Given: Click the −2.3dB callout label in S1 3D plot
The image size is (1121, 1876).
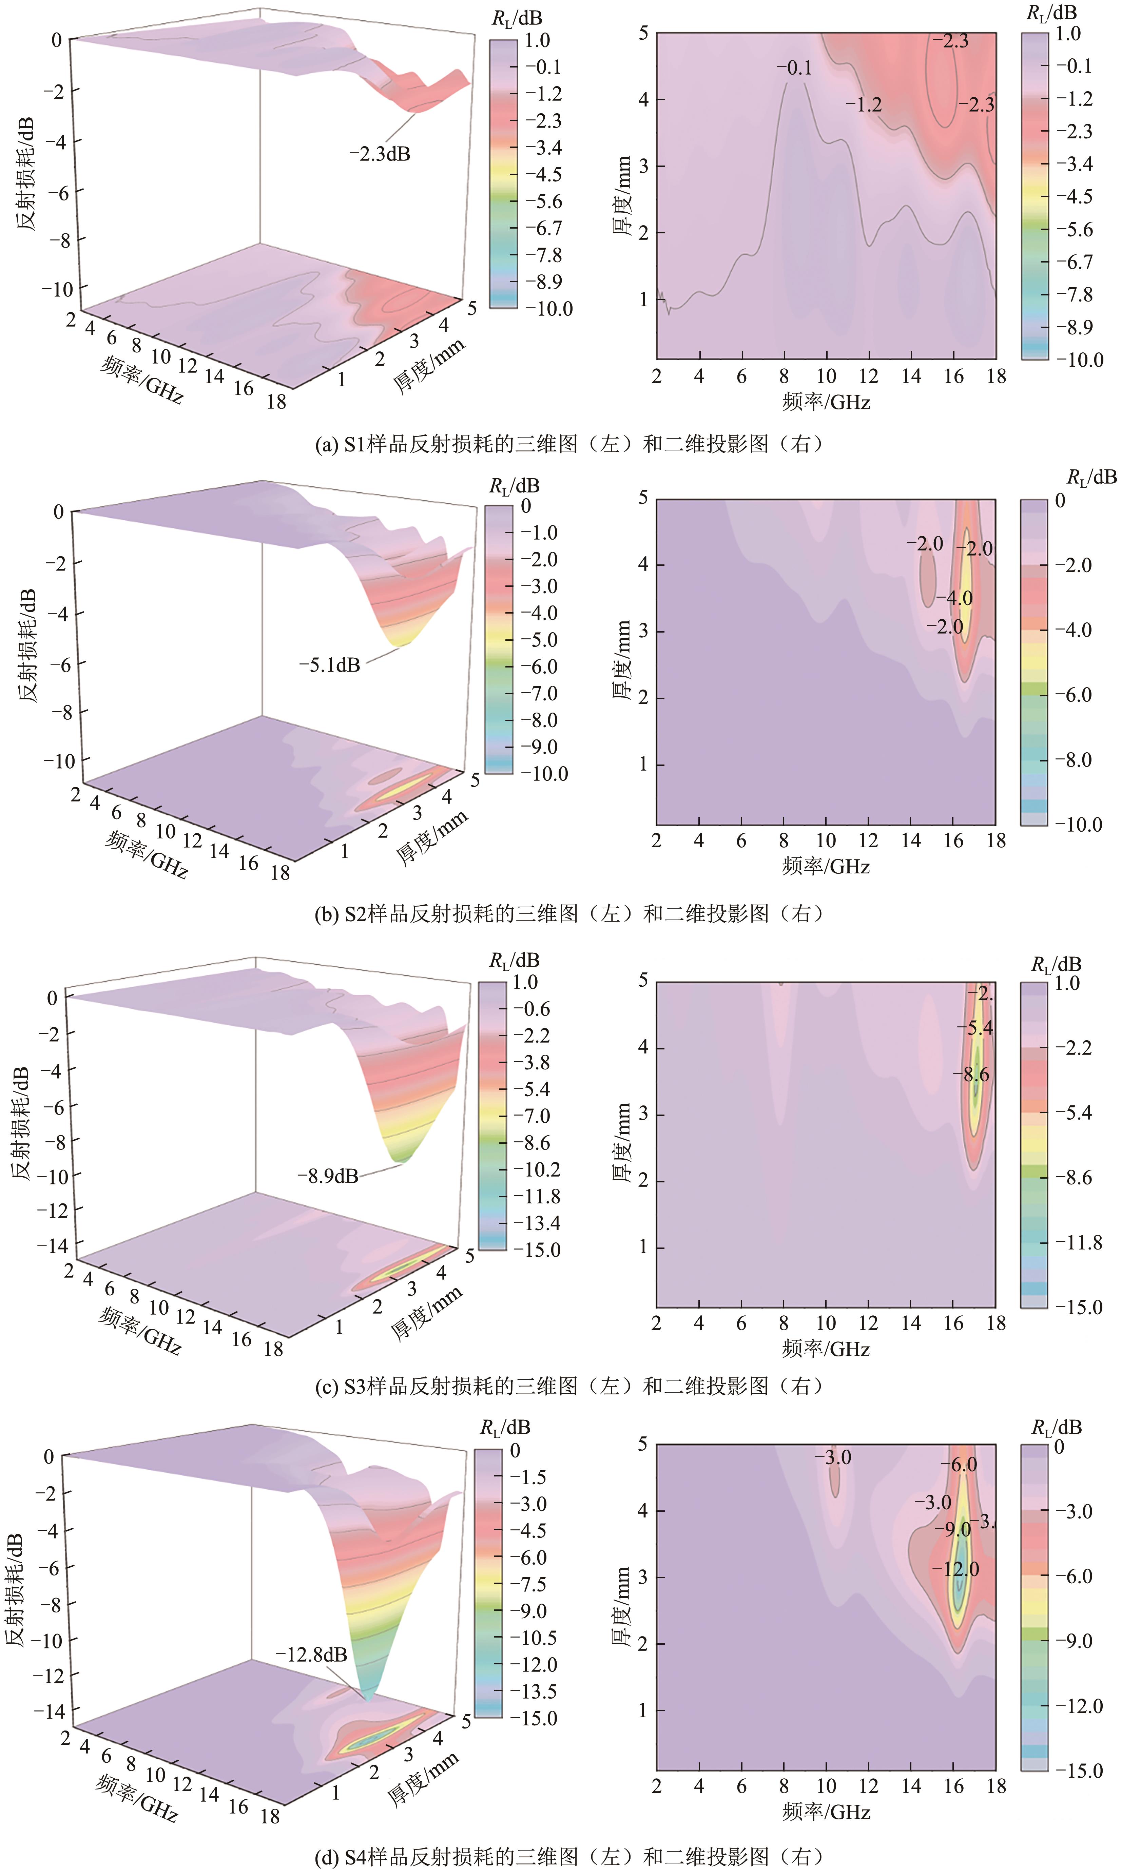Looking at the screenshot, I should (380, 154).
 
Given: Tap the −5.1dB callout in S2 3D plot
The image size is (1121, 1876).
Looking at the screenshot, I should (330, 665).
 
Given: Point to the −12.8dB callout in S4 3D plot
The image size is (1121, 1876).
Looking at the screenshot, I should (311, 1655).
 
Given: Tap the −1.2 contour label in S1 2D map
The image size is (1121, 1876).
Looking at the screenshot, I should (864, 105).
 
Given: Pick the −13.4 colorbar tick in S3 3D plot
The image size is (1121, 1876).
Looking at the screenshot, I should (537, 1223).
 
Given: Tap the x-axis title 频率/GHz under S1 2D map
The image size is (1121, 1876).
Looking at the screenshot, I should (826, 402).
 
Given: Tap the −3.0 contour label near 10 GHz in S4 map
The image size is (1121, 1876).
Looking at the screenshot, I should (833, 1457).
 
